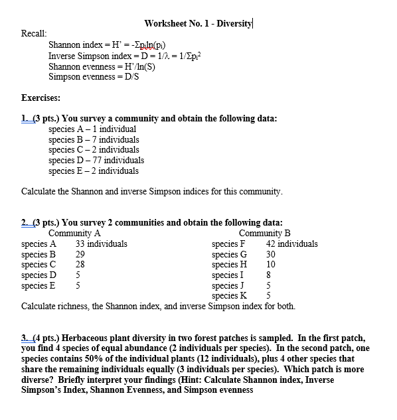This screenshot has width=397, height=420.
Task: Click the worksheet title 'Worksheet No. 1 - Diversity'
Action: (198, 23)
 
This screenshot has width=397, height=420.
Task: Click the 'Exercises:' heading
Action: (41, 98)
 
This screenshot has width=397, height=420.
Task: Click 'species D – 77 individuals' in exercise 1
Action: (96, 160)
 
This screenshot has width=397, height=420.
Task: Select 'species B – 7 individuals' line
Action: (94, 139)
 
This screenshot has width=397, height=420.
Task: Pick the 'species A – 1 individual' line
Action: (92, 129)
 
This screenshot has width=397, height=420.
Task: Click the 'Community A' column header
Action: (74, 233)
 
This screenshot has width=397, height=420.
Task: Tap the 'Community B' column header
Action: (264, 233)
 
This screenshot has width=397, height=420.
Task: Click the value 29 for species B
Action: (80, 254)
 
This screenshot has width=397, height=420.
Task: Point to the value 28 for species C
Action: (80, 264)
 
